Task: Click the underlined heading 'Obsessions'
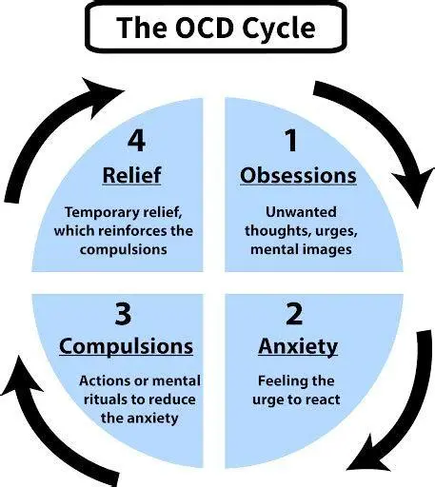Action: (x=298, y=176)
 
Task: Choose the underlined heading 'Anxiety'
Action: (x=297, y=346)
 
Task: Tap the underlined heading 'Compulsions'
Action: (x=126, y=346)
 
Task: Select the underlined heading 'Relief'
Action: (x=133, y=176)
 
